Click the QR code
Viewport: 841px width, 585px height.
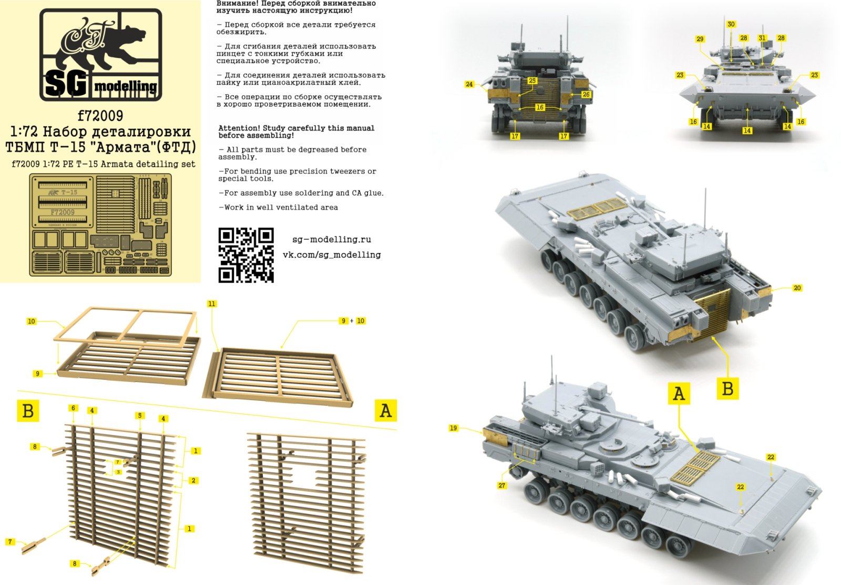pyautogui.click(x=246, y=255)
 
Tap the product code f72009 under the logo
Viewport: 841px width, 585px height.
pyautogui.click(x=100, y=115)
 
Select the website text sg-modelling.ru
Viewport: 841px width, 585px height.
pyautogui.click(x=331, y=239)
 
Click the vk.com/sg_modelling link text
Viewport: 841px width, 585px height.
pyautogui.click(x=331, y=255)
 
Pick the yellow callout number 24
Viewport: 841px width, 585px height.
pyautogui.click(x=469, y=84)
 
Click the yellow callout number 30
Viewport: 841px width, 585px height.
pyautogui.click(x=731, y=24)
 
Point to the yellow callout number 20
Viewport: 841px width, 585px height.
pyautogui.click(x=797, y=288)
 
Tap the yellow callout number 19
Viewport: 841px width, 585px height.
pyautogui.click(x=454, y=428)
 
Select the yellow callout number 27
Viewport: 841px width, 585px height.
pyautogui.click(x=501, y=486)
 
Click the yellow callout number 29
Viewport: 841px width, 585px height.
pyautogui.click(x=700, y=39)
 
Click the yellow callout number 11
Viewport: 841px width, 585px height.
pyautogui.click(x=211, y=304)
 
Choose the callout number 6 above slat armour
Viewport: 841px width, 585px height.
pyautogui.click(x=73, y=408)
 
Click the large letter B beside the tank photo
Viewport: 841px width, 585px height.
pyautogui.click(x=727, y=389)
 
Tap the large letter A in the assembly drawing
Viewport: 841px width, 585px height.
pyautogui.click(x=385, y=410)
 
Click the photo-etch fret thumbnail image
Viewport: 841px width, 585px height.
pyautogui.click(x=100, y=225)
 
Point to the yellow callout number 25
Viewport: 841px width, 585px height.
pyautogui.click(x=532, y=80)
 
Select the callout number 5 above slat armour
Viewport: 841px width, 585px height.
pyautogui.click(x=139, y=416)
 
